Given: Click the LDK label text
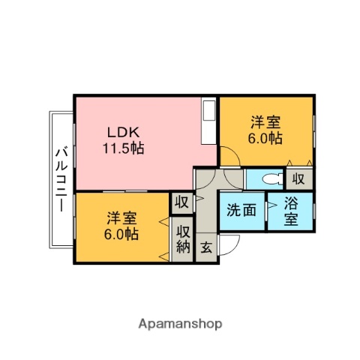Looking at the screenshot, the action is click(x=123, y=132).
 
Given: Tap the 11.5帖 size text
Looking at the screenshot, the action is click(x=123, y=148).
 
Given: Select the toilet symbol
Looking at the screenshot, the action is click(x=272, y=179).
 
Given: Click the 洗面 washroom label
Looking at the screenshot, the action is click(x=241, y=210).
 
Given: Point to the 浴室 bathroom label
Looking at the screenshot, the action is click(x=291, y=211).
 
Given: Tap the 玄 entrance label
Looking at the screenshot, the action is click(x=206, y=247).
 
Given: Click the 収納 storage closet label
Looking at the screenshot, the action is click(x=183, y=239).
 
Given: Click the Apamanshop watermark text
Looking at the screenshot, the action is click(x=180, y=324).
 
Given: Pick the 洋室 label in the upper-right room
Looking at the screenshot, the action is click(x=265, y=122).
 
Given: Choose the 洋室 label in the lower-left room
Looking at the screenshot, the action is click(x=121, y=218).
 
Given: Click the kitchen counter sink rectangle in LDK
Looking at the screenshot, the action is click(x=209, y=110).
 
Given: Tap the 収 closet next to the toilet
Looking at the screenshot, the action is click(x=298, y=179).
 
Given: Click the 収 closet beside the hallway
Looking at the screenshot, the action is click(x=181, y=202).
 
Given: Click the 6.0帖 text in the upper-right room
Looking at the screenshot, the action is click(x=265, y=138).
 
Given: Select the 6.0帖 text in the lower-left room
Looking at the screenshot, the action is click(x=121, y=234).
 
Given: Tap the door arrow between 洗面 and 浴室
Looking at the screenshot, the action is click(x=272, y=205).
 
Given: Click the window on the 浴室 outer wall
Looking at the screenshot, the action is click(x=314, y=211).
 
